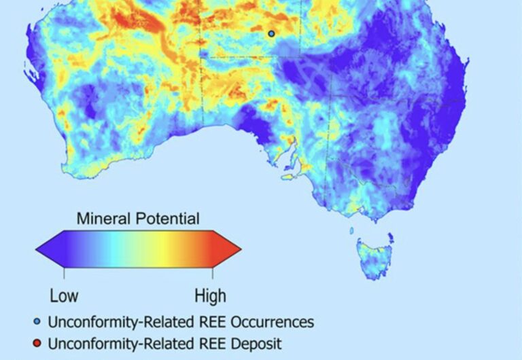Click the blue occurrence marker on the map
[x=271, y=33]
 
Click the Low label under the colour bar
[x=64, y=296]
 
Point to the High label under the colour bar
[x=210, y=296]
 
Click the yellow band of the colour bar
[x=163, y=249]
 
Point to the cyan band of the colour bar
[x=112, y=249]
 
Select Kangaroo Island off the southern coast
[x=290, y=177]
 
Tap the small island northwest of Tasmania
[x=351, y=231]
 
